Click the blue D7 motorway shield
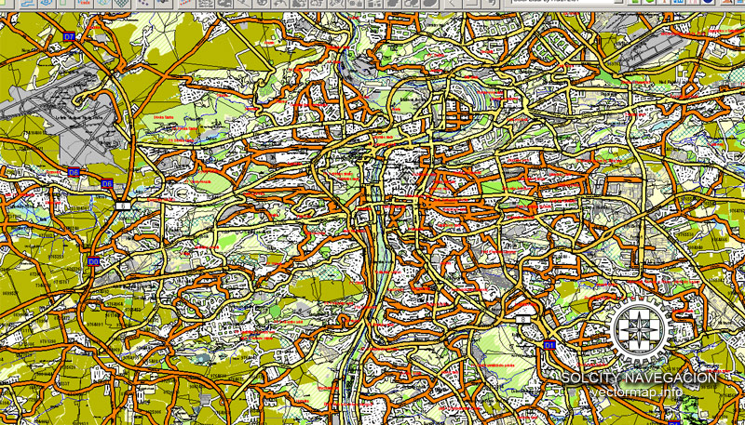click(70, 36)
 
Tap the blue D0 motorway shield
click(93, 262)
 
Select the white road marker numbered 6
click(122, 206)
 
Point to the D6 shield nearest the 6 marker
click(107, 184)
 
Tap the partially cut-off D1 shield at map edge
click(673, 421)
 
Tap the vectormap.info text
click(635, 392)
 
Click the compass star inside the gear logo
click(640, 327)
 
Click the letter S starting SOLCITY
click(566, 378)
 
